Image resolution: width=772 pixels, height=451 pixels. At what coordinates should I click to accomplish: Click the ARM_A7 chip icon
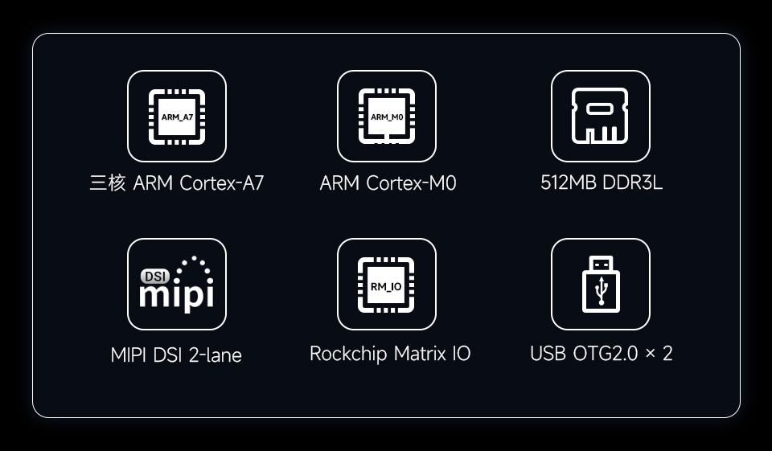(177, 117)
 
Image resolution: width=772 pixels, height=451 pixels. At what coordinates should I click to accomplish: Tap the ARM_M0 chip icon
(387, 117)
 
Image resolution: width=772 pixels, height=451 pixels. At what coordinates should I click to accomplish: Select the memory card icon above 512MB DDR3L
(600, 117)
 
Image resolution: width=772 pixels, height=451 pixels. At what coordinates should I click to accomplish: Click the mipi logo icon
(177, 285)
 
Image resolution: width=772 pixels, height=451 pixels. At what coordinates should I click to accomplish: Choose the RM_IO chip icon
(387, 285)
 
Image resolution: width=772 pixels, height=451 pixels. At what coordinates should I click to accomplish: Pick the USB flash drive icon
(600, 285)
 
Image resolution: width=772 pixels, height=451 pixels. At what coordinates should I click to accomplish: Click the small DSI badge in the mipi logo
(154, 276)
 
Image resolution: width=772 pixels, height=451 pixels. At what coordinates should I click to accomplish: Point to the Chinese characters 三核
(108, 183)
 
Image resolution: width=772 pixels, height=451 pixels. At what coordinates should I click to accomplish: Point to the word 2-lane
(215, 355)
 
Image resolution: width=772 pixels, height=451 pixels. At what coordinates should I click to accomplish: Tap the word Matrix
(419, 354)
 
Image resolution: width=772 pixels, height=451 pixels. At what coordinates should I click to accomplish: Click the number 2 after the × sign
(667, 354)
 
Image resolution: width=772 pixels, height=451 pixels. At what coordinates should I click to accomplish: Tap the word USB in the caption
(548, 354)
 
